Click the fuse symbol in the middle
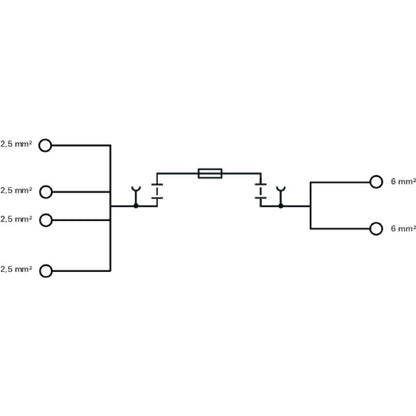point(210,174)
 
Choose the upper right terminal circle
point(376,182)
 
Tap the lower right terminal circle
point(376,229)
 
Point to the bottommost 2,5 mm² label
point(16,269)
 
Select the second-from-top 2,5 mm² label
point(16,190)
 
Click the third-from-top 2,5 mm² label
point(16,218)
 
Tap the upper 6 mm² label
point(402,182)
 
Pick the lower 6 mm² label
point(402,229)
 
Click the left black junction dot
point(136,205)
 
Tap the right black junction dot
point(281,205)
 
